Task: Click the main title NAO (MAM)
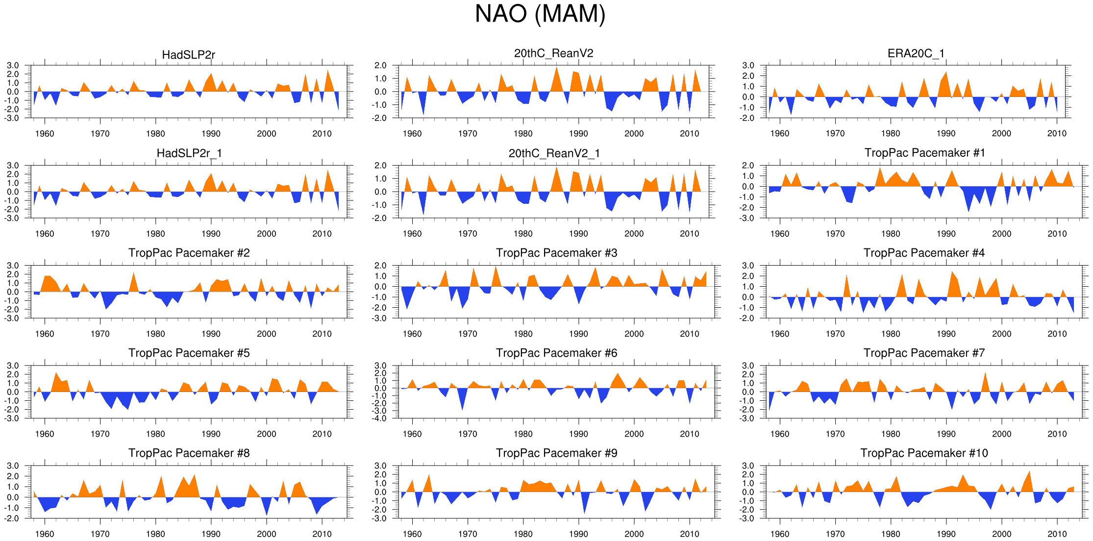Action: coord(540,14)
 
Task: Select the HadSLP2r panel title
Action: coord(189,54)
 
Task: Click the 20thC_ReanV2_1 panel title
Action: coord(554,153)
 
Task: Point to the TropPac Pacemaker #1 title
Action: coord(924,153)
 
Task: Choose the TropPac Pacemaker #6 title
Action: coord(556,353)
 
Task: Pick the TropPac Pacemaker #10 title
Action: coord(924,453)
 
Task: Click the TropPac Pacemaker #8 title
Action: coord(189,453)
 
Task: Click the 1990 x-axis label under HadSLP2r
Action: coord(211,134)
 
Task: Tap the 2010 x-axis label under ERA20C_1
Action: coord(1057,134)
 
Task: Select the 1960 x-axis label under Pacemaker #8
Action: coord(45,534)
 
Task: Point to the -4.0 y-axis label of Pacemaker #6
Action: coord(380,418)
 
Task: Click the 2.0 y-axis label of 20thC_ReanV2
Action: coord(380,66)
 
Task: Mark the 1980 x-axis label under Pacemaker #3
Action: coord(523,334)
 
